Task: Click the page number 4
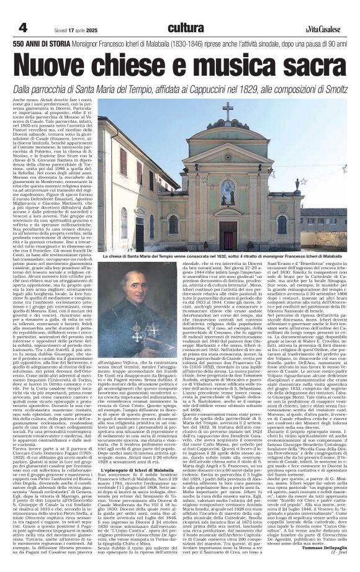(x=22, y=27)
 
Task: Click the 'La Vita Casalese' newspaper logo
(x=321, y=29)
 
